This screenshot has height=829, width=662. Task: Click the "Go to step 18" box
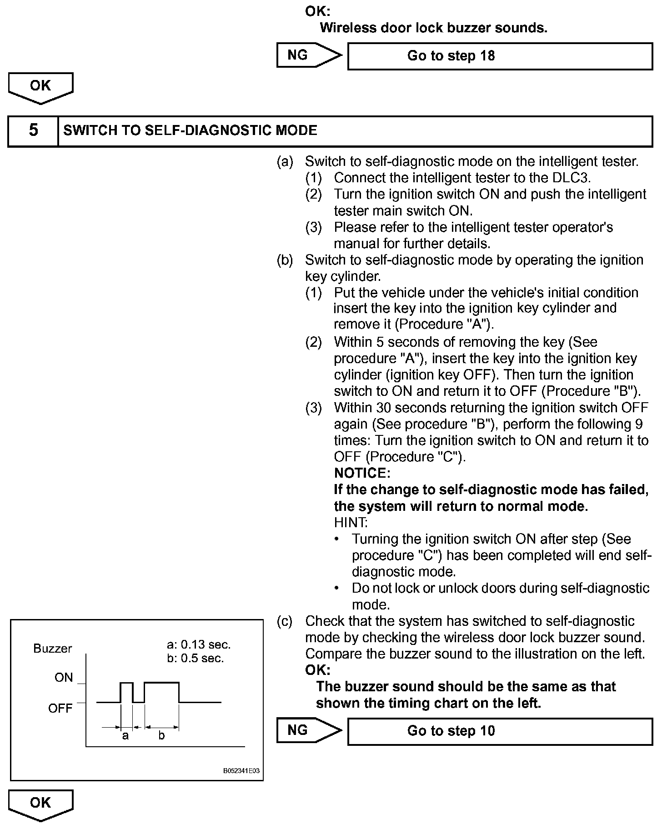(x=500, y=56)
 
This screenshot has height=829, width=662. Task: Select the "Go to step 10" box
(x=500, y=731)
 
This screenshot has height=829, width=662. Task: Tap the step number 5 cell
(x=33, y=131)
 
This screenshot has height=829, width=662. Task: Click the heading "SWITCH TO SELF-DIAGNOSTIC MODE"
(x=190, y=131)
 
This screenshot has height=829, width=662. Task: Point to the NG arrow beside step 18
(x=308, y=55)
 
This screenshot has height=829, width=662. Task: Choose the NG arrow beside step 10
(x=308, y=730)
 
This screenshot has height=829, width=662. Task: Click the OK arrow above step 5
(x=40, y=87)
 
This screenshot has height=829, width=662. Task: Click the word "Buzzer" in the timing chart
(x=53, y=649)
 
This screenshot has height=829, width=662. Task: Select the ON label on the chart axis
(x=64, y=678)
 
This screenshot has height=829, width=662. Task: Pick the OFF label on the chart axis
(x=60, y=709)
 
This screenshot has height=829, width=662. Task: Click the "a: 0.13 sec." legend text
(x=199, y=644)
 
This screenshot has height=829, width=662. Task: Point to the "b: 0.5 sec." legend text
(x=196, y=659)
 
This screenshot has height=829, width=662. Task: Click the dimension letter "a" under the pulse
(x=125, y=736)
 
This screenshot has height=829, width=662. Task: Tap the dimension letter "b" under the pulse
(x=161, y=736)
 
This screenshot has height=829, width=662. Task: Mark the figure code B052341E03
(x=241, y=771)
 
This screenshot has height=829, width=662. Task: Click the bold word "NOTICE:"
(x=362, y=474)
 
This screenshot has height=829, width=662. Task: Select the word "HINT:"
(x=351, y=523)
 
